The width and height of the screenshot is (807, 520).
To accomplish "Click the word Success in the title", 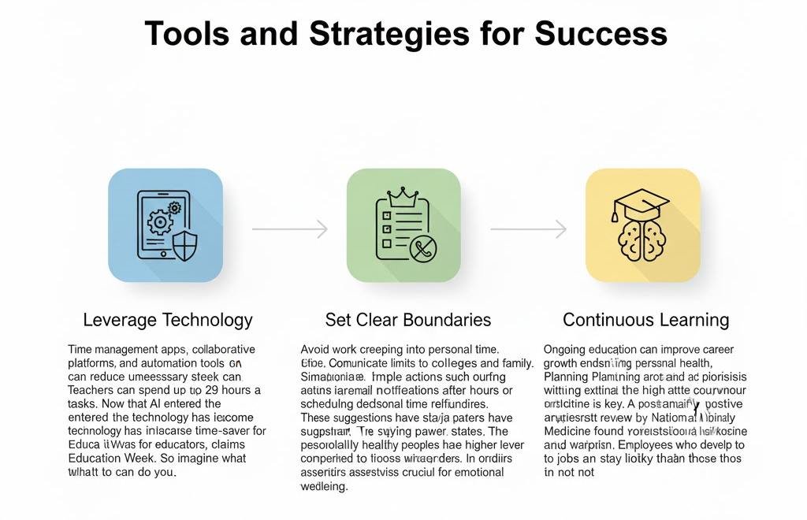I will coord(601,33).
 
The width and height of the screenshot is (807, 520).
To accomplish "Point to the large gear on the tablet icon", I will coord(160,222).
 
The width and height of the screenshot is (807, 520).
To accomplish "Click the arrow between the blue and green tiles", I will coord(289,229).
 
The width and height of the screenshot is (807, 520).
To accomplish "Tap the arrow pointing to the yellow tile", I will coord(528,229).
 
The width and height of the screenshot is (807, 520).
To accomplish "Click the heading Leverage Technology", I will coord(168,320).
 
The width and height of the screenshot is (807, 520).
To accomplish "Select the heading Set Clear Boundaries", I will coord(408,320).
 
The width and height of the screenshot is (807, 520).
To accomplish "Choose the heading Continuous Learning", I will coord(645,320).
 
